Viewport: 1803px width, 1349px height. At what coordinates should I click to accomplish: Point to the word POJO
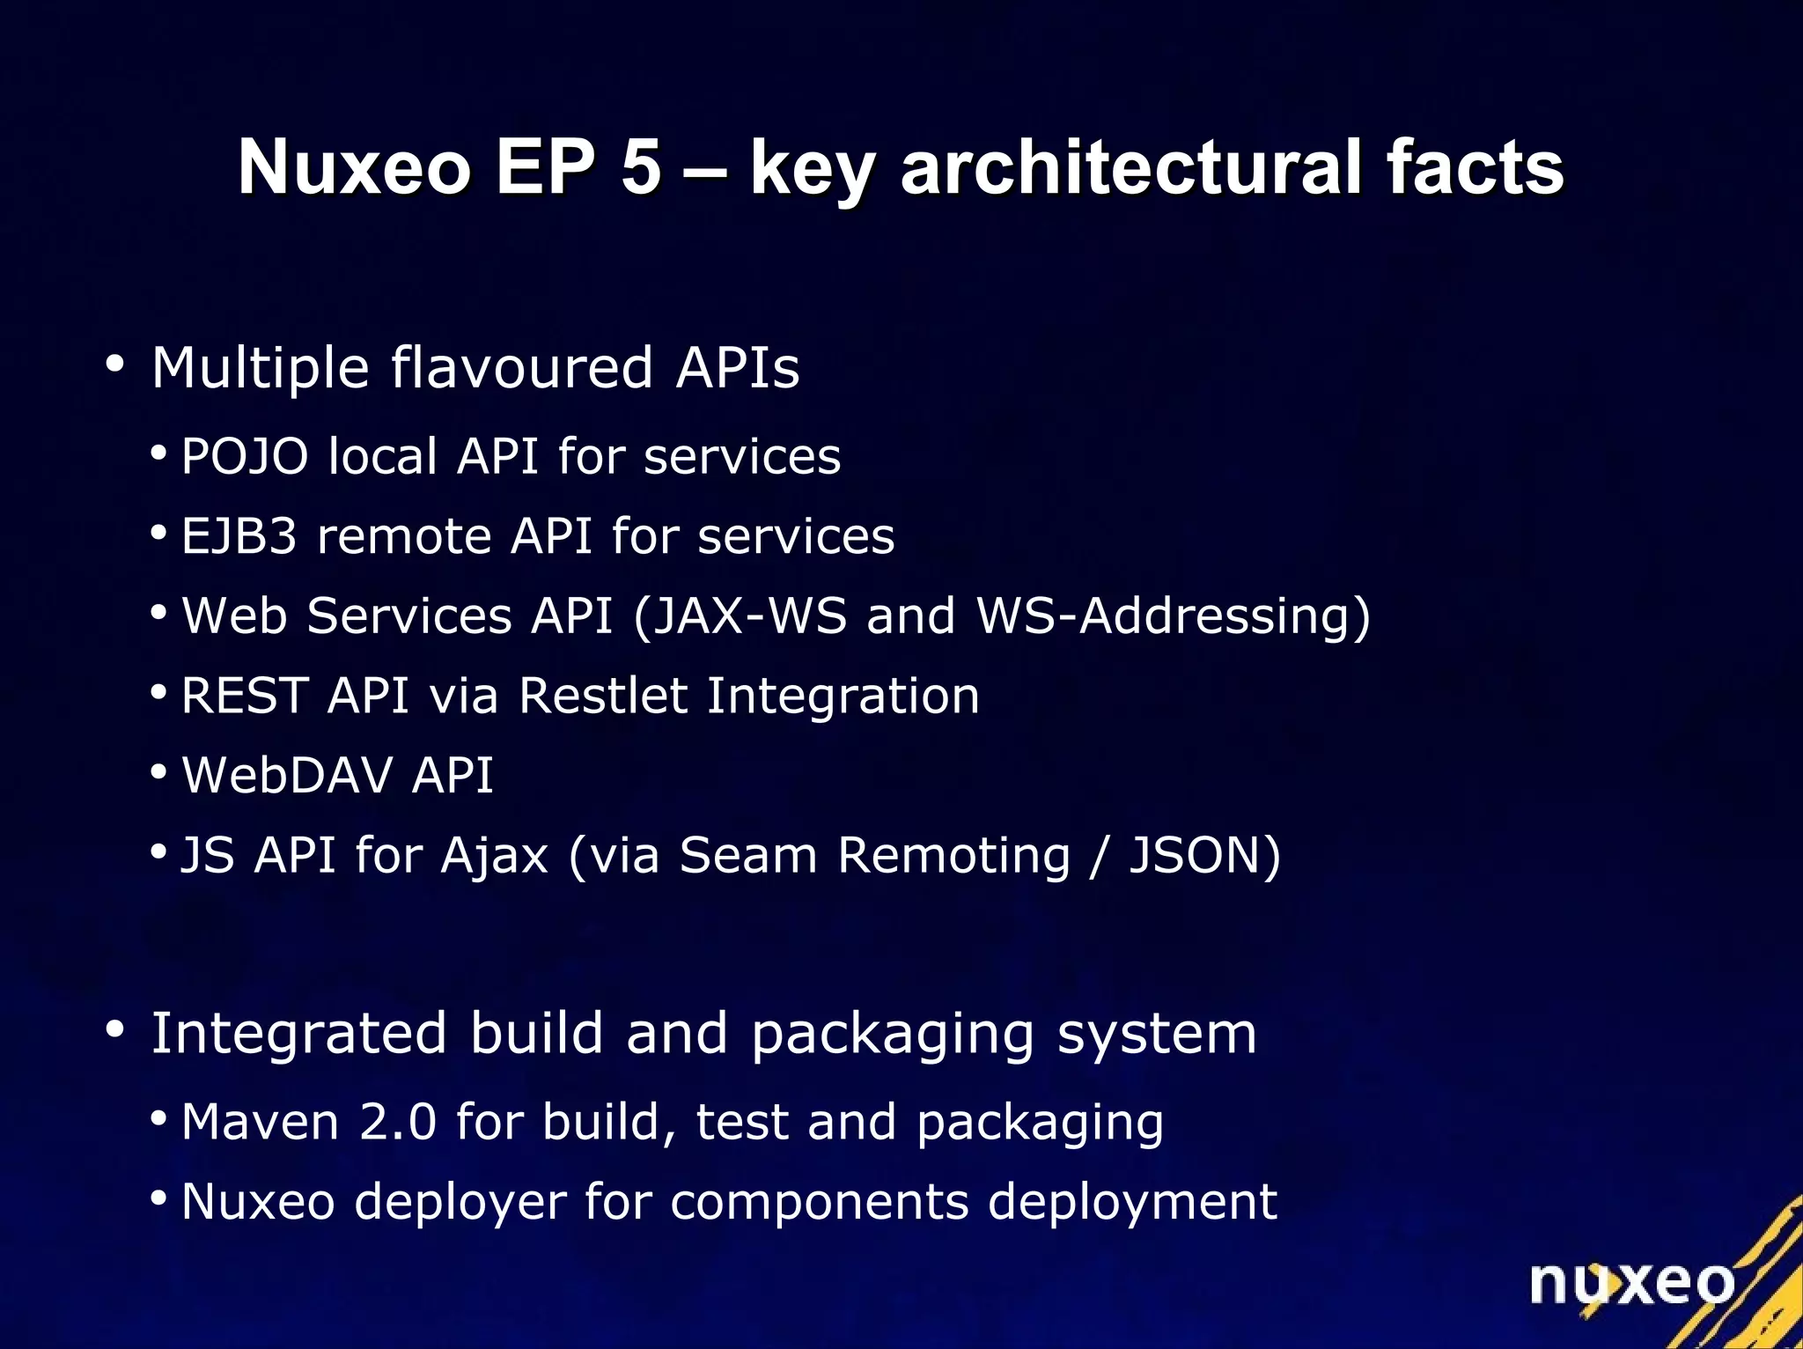[245, 456]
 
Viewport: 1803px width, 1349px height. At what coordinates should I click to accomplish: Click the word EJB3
[239, 536]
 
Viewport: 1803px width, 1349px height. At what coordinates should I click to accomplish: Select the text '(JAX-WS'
[740, 616]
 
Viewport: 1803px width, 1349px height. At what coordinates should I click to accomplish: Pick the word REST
[244, 696]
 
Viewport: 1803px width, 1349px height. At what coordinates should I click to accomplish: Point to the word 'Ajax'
[494, 856]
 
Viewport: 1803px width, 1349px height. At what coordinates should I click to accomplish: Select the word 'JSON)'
[1204, 856]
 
